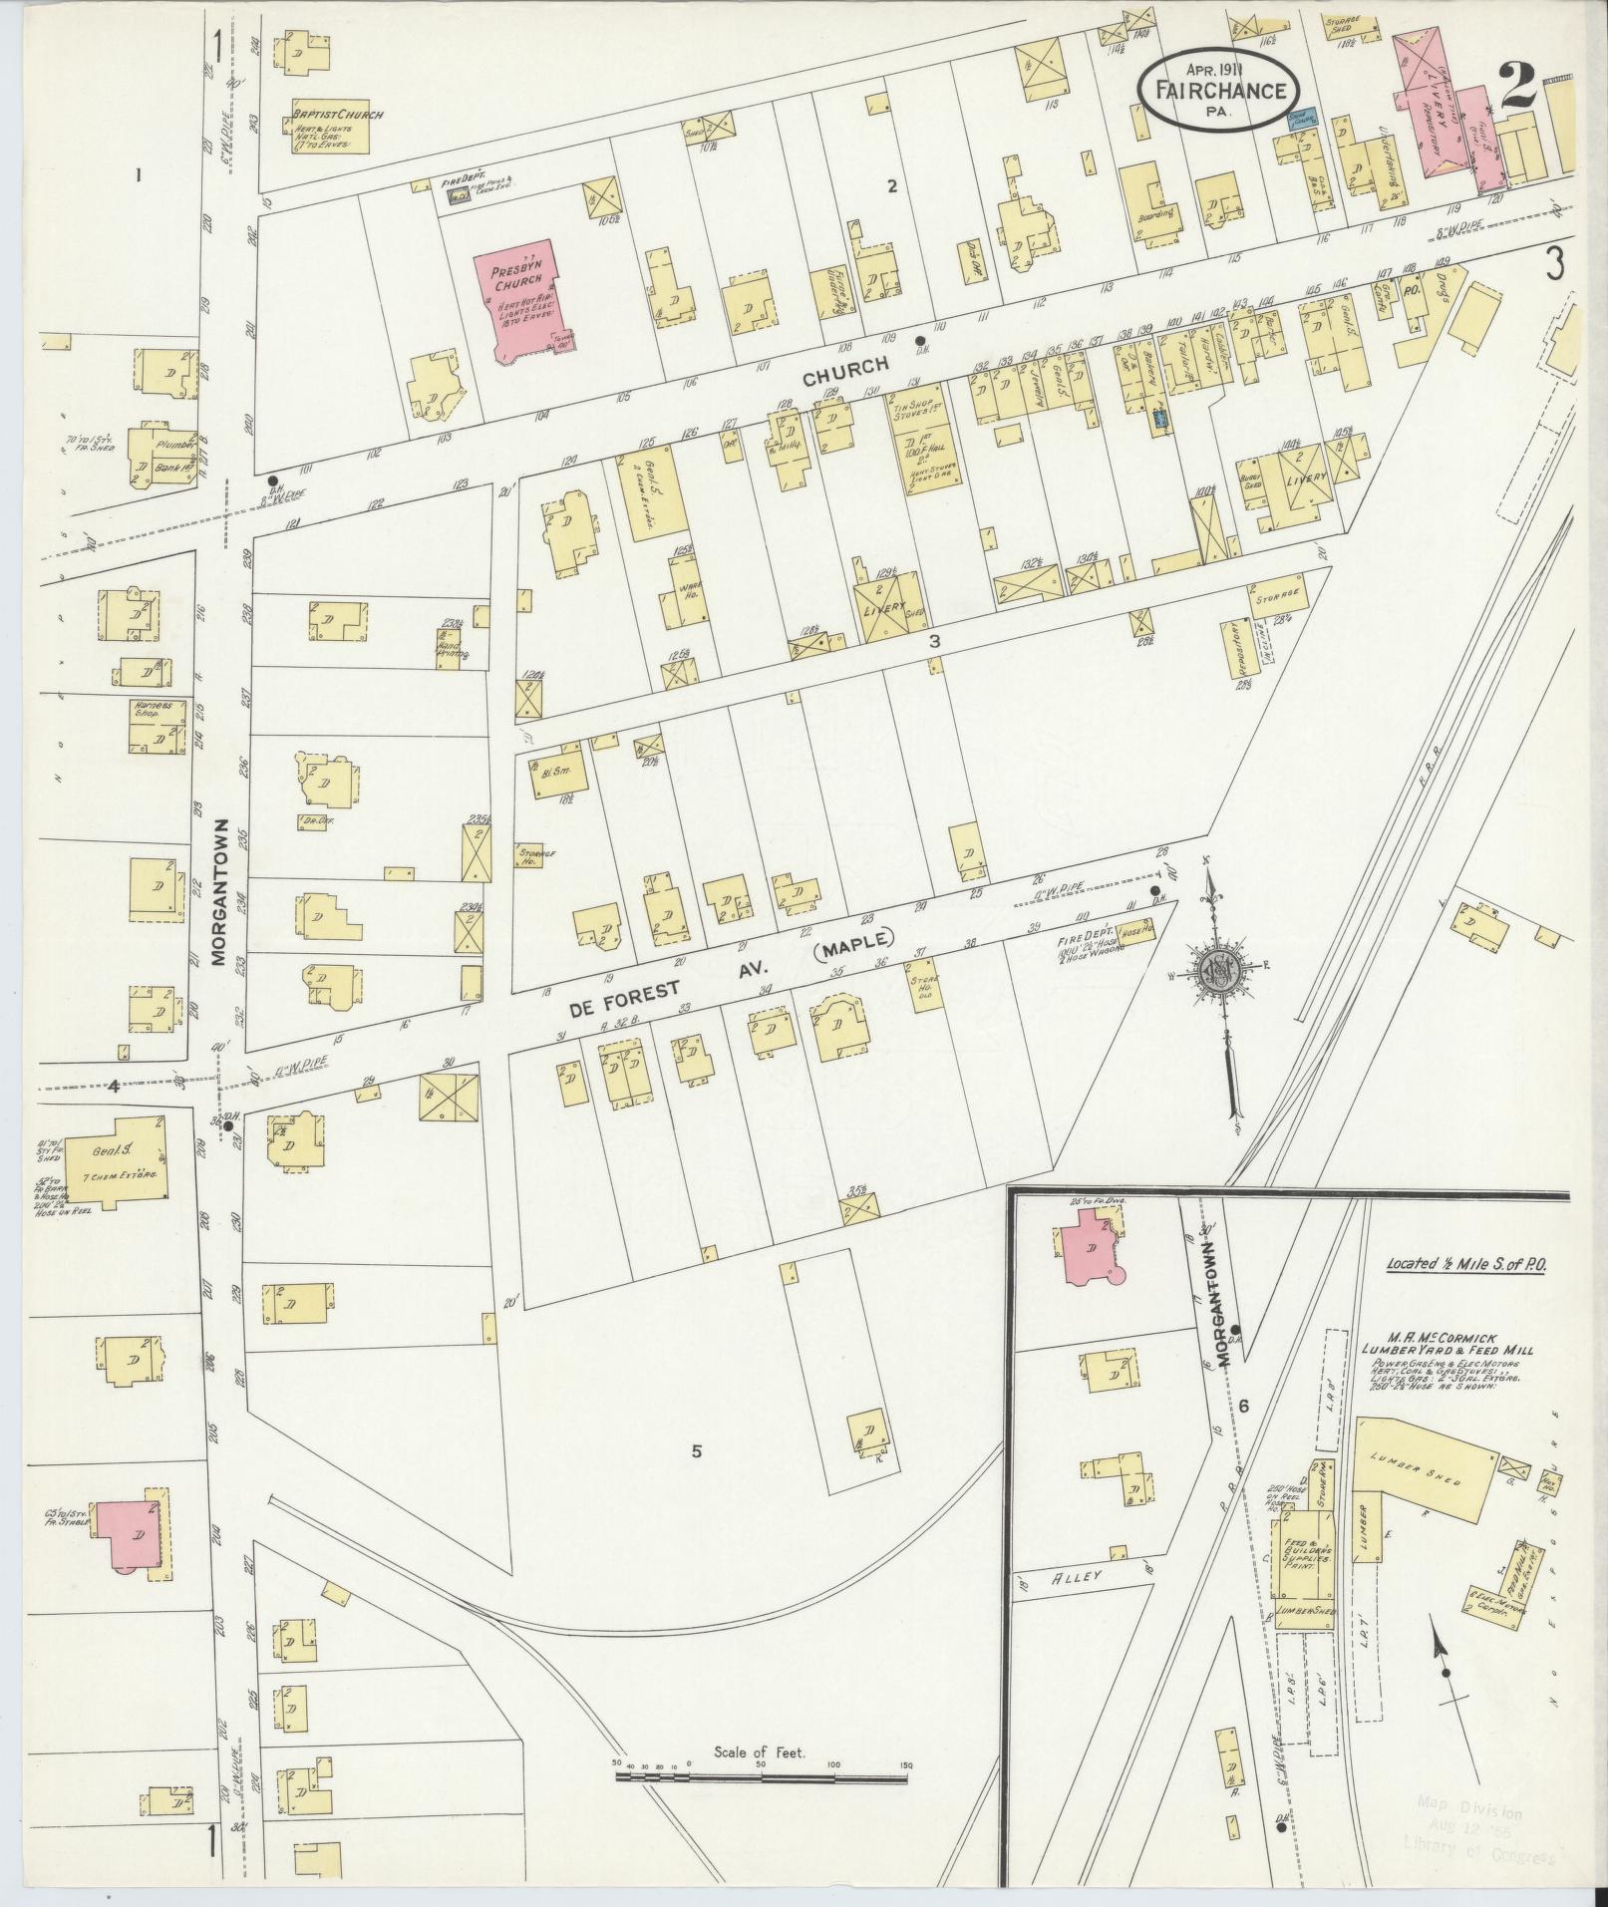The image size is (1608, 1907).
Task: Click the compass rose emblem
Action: [1218, 969]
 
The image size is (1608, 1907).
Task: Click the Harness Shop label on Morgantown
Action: [154, 709]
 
